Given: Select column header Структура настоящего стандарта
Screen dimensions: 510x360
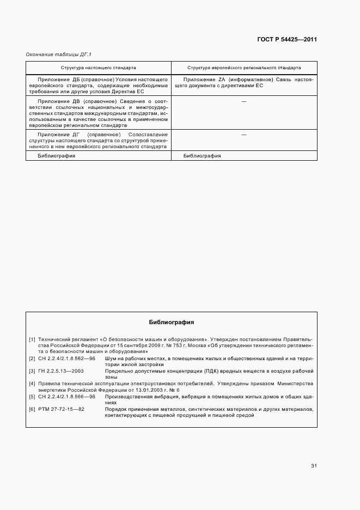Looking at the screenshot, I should [x=99, y=69].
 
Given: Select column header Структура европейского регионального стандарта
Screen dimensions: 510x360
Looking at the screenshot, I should [x=243, y=69].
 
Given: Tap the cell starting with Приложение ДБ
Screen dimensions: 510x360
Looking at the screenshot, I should [x=99, y=86].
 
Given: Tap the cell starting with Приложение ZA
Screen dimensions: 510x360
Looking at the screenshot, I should [x=243, y=83].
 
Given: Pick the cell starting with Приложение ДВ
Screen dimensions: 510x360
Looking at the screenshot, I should [x=99, y=113].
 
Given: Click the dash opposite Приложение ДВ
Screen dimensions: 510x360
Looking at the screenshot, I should [x=243, y=102].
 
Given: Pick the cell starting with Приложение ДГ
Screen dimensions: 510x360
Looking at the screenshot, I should [x=99, y=140].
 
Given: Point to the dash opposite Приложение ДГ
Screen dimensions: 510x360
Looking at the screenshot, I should [x=243, y=134].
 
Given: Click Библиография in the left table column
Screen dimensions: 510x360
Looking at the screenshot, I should [x=56, y=156].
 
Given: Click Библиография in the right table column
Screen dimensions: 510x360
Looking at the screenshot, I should [x=202, y=156].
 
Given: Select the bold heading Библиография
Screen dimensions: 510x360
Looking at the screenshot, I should [x=172, y=323].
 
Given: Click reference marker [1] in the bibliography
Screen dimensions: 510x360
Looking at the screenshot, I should [x=32, y=339].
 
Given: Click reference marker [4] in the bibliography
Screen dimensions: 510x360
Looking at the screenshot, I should [x=32, y=384].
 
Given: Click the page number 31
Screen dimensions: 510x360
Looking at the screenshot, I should [x=314, y=466].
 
